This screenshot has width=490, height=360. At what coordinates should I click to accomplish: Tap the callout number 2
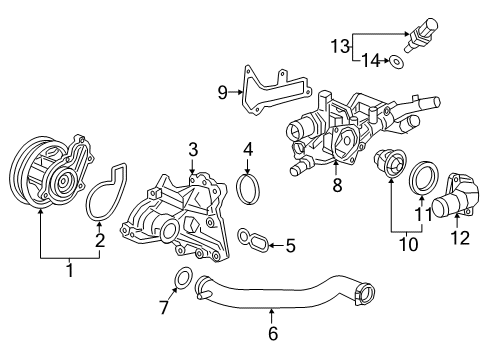[x=100, y=241]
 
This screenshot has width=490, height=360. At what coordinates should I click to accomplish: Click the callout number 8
[x=335, y=184]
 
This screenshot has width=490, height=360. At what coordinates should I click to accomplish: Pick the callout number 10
[x=405, y=242]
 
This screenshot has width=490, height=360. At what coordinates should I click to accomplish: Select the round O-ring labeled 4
[x=247, y=188]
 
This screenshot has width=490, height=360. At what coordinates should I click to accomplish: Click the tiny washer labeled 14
[x=399, y=63]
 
